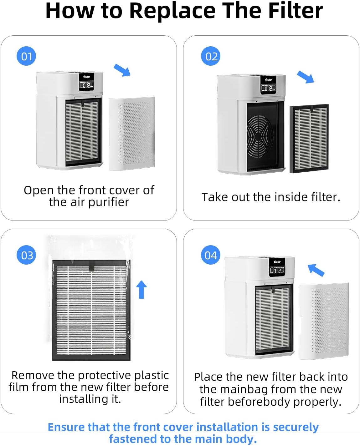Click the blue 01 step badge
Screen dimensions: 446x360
[26, 56]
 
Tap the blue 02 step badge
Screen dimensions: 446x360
[211, 56]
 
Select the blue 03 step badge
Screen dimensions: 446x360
[26, 255]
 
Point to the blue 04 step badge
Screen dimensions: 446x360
[210, 255]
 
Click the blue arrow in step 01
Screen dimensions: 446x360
[122, 70]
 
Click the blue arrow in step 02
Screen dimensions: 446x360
[305, 77]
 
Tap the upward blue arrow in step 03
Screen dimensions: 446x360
[141, 289]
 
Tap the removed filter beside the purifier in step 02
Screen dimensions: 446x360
[309, 139]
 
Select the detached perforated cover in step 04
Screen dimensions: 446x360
[324, 321]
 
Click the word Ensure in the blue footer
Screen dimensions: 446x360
[66, 427]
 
